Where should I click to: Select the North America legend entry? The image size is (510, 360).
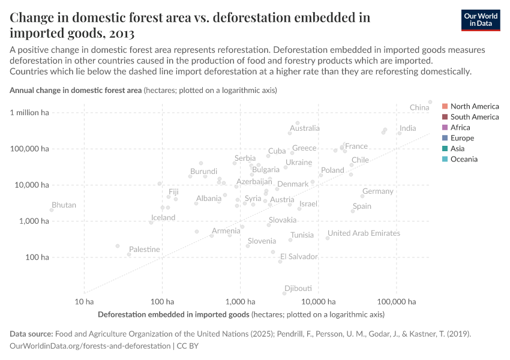[x=474, y=106]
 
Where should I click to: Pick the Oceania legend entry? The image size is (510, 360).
[x=464, y=159]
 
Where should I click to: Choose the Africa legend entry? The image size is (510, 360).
[x=460, y=127]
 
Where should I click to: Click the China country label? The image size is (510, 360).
[x=419, y=107]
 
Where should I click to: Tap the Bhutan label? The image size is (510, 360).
[x=64, y=205]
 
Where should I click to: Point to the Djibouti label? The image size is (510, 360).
[x=298, y=288]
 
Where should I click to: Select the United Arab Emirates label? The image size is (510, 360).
[x=364, y=233]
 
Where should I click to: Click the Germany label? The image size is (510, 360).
[x=378, y=191]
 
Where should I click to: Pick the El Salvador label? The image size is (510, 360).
[x=299, y=257]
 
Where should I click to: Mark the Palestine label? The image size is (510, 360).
[x=145, y=250]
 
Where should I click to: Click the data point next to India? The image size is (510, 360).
[x=399, y=133]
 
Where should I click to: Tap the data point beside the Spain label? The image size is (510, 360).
[x=353, y=211]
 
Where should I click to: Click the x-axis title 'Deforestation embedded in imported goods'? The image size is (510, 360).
[x=173, y=314]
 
